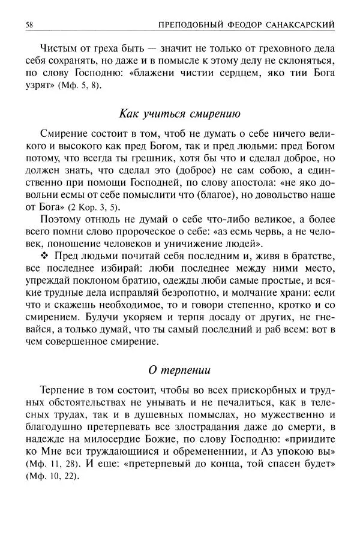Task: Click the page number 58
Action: click(29, 24)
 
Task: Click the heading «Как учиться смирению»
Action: click(179, 112)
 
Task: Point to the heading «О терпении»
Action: click(179, 367)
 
